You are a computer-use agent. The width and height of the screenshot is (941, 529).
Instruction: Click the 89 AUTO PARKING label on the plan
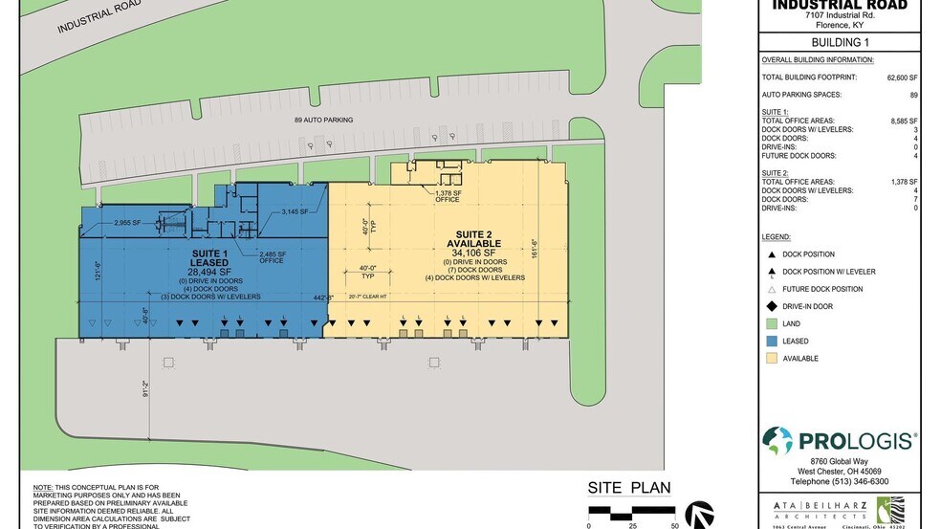point(323,120)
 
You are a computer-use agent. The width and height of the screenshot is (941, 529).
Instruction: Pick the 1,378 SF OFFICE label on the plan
point(448,195)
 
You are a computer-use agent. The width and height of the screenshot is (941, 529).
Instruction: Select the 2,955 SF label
point(128,223)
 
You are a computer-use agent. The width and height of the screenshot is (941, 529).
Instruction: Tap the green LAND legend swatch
point(771,323)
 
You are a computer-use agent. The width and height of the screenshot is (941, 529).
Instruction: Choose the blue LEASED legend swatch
point(771,341)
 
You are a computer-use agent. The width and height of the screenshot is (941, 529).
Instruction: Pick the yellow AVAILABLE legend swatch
point(771,359)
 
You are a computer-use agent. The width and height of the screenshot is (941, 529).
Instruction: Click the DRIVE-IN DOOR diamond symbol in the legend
point(771,306)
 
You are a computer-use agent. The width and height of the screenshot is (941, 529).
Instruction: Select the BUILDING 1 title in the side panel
point(840,43)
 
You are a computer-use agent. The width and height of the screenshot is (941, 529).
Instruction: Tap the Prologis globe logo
point(777,441)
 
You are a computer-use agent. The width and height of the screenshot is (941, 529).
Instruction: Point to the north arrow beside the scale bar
point(701,515)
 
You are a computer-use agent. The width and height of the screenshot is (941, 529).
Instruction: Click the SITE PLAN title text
point(628,488)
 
